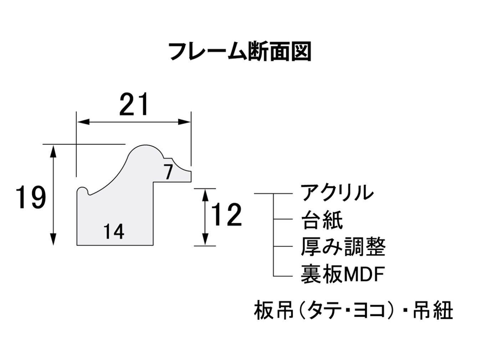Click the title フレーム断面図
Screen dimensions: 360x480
pos(240,52)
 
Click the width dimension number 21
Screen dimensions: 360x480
pos(134,104)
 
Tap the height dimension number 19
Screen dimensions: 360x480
pos(31,197)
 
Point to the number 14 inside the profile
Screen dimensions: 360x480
pos(114,232)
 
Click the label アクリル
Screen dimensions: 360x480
pos(337,192)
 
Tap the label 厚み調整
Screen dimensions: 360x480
pos(343,247)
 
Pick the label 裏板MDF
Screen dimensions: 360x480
pos(342,274)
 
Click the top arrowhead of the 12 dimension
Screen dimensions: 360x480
pos(205,195)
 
